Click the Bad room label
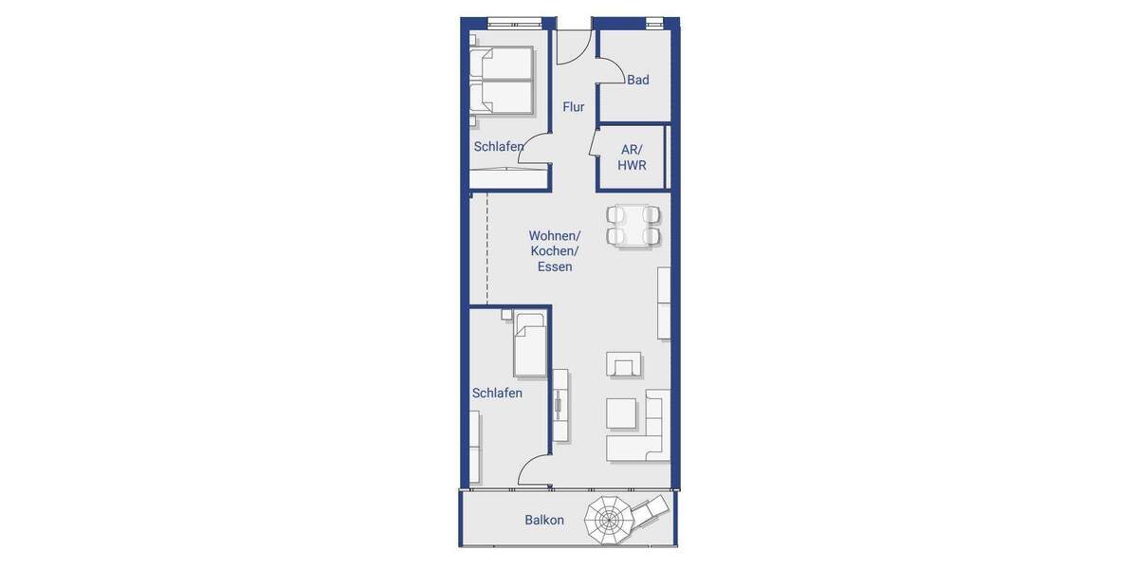click(x=638, y=80)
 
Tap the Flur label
click(x=573, y=107)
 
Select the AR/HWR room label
click(x=632, y=157)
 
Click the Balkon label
click(x=544, y=520)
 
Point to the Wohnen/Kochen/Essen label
click(x=555, y=251)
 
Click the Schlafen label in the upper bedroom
click(x=499, y=146)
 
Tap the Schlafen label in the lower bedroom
click(x=497, y=393)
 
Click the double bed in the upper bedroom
click(x=502, y=81)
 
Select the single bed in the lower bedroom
click(x=530, y=345)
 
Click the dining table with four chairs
click(x=633, y=226)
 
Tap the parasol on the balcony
click(x=608, y=520)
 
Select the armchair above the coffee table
click(x=624, y=363)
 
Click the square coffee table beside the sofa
click(x=621, y=413)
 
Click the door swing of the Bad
click(x=609, y=72)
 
